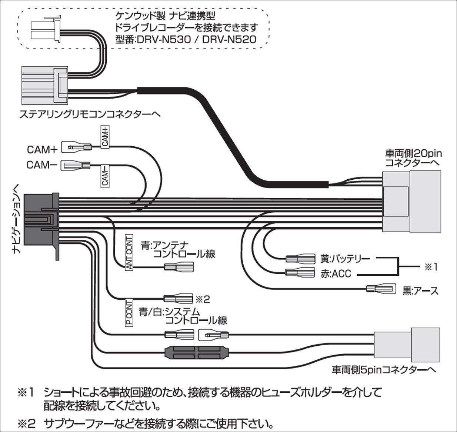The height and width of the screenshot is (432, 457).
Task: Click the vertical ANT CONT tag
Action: pyautogui.click(x=129, y=252)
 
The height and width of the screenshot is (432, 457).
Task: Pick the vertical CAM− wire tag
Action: pyautogui.click(x=105, y=175)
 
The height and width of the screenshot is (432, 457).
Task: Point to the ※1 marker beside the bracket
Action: pyautogui.click(x=431, y=267)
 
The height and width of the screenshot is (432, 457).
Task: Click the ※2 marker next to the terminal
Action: pyautogui.click(x=202, y=299)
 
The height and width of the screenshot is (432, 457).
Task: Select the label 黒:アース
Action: pyautogui.click(x=420, y=290)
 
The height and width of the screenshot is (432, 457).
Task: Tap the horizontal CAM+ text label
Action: pyautogui.click(x=42, y=149)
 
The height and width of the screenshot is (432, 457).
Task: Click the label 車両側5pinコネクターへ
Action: pyautogui.click(x=384, y=370)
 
